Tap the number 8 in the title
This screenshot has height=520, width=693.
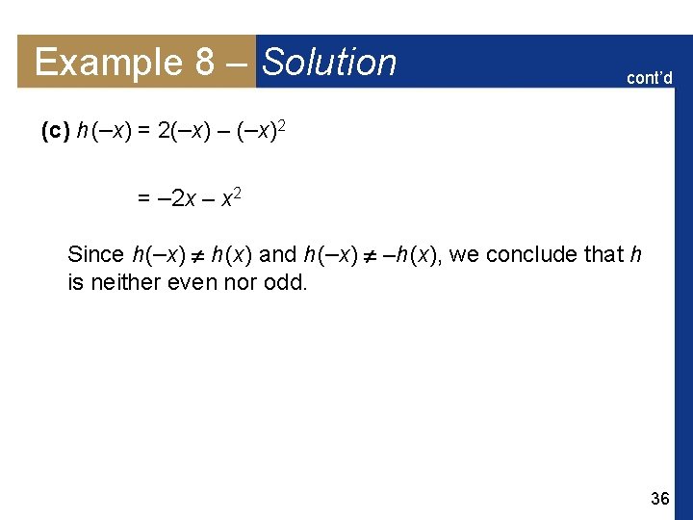[204, 63]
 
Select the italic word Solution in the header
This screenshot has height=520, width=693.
[329, 63]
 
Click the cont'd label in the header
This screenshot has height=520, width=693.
[650, 78]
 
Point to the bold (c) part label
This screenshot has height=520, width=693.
[55, 132]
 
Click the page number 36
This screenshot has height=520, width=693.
[660, 498]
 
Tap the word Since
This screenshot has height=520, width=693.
[95, 255]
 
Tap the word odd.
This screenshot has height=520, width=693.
[288, 283]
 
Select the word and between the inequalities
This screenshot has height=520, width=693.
[278, 255]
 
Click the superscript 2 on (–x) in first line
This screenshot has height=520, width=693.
[284, 125]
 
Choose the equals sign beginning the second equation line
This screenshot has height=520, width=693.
[143, 200]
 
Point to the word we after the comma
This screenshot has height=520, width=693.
[467, 255]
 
